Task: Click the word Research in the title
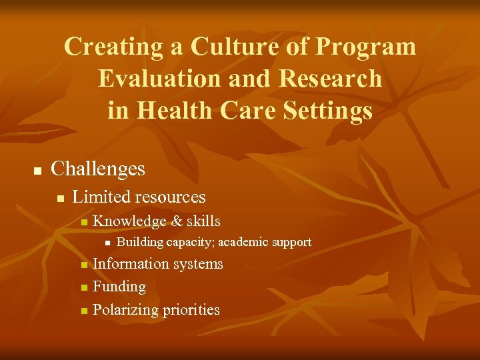pyautogui.click(x=331, y=78)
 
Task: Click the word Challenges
pyautogui.click(x=98, y=169)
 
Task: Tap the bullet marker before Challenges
pyautogui.click(x=37, y=171)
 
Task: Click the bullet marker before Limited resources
pyautogui.click(x=60, y=198)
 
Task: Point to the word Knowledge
pyautogui.click(x=130, y=221)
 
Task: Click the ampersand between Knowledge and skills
pyautogui.click(x=177, y=221)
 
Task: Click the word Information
pyautogui.click(x=131, y=264)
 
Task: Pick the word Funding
pyautogui.click(x=119, y=287)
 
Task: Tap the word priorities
pyautogui.click(x=192, y=310)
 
